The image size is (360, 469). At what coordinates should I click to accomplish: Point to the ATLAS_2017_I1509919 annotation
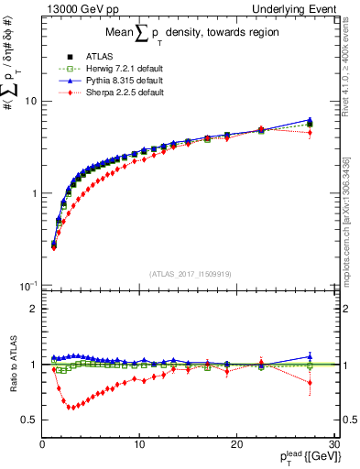point(191,273)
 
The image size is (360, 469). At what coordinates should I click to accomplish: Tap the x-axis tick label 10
point(138,443)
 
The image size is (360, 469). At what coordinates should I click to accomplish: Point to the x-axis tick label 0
point(42,443)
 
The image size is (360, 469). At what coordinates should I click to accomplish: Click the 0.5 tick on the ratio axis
point(29,420)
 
